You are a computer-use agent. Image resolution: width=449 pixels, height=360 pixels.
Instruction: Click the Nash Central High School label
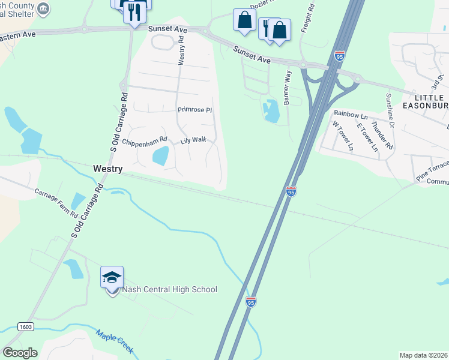[x=170, y=290]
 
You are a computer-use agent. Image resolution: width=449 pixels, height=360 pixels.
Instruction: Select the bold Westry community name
[x=108, y=169]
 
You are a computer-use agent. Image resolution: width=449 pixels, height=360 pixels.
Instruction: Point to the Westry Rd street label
[x=181, y=50]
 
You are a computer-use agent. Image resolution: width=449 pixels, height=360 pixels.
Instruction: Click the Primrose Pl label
[x=195, y=110]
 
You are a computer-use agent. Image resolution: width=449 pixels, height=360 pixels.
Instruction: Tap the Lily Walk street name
[x=194, y=140]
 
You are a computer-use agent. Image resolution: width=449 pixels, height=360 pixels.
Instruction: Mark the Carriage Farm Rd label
[x=56, y=203]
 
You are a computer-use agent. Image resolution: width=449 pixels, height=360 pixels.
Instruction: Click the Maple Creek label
[x=115, y=341]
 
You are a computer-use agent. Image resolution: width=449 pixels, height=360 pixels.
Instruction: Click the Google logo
[x=20, y=353]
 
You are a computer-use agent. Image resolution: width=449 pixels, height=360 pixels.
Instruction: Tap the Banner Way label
[x=288, y=88]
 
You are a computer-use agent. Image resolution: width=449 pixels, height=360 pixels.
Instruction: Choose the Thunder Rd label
[x=382, y=135]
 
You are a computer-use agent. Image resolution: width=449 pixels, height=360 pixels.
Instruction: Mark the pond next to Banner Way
[x=271, y=110]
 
